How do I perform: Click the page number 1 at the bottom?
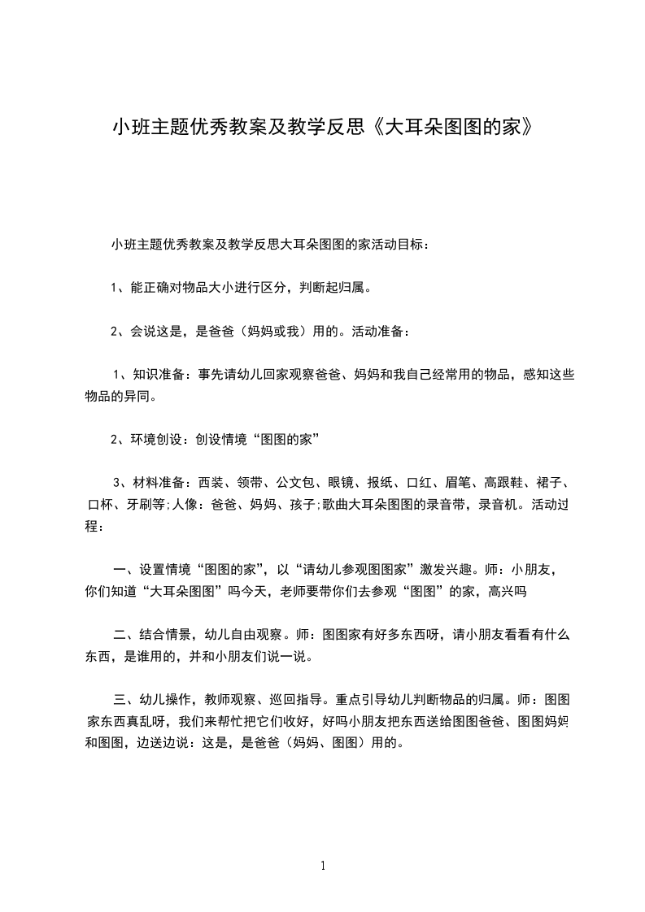click(323, 866)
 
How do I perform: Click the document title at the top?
click(323, 128)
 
